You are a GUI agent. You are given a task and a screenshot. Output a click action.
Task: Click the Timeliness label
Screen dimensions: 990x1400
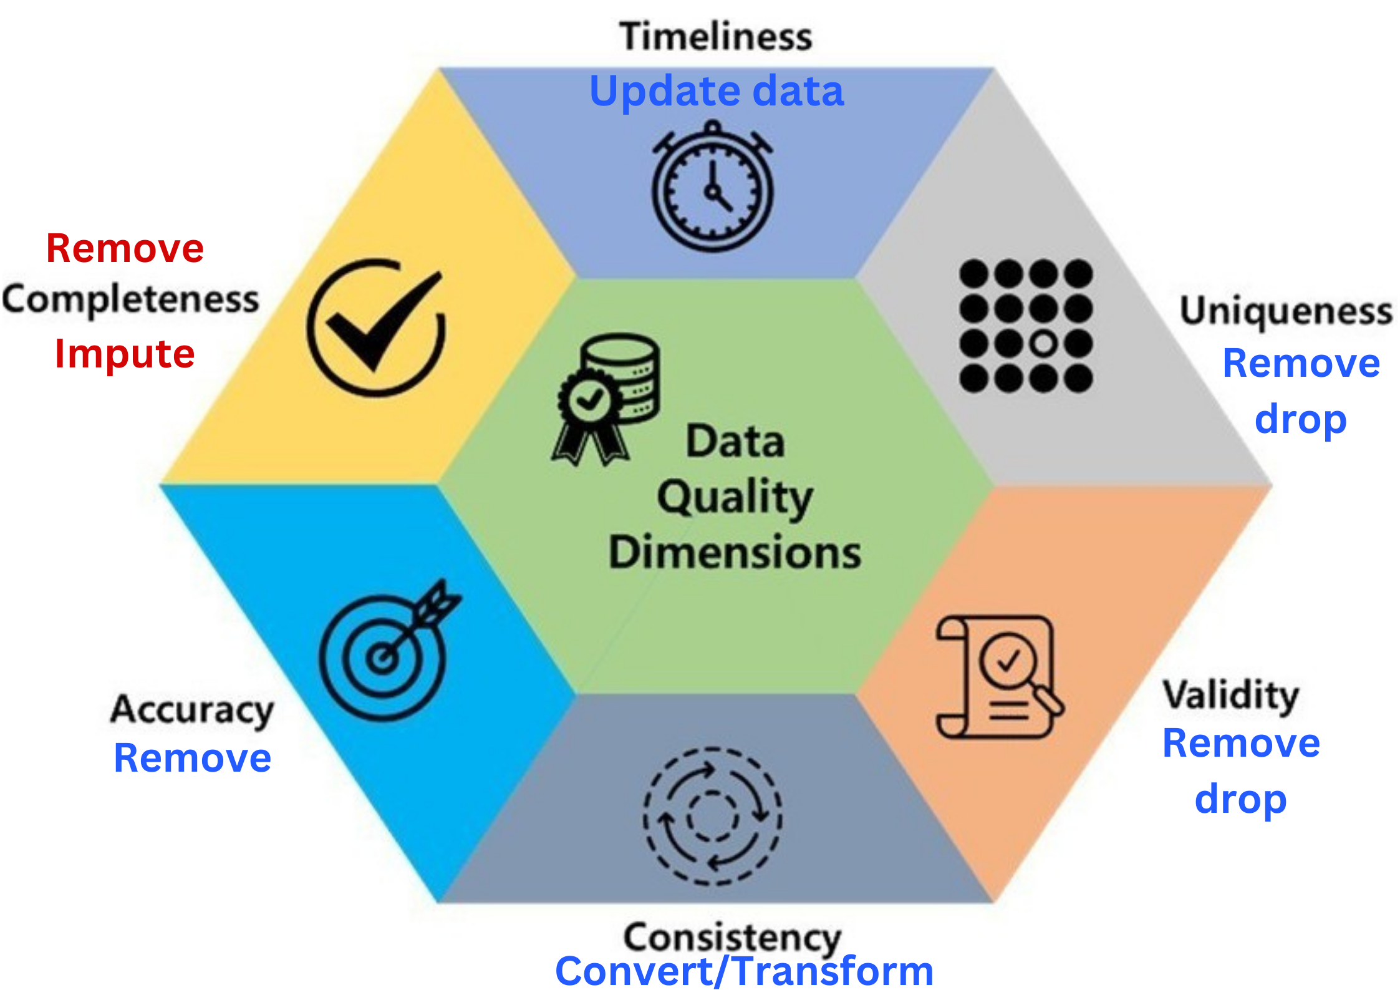click(x=716, y=36)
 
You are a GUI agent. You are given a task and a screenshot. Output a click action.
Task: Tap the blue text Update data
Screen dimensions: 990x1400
click(x=717, y=92)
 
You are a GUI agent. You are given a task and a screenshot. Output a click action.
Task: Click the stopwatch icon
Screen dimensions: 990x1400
click(x=713, y=187)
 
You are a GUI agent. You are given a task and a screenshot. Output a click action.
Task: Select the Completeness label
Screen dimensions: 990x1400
click(x=130, y=300)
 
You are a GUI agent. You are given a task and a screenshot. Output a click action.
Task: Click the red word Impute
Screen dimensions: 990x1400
click(x=125, y=354)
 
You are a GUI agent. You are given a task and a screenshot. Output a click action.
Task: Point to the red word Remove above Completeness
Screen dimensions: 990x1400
click(x=125, y=248)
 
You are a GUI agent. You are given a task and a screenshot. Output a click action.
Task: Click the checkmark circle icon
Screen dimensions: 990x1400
click(x=377, y=327)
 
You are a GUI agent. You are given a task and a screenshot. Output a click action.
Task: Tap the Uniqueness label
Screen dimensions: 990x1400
click(x=1286, y=311)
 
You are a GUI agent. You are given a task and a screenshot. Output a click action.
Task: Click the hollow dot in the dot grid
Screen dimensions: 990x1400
click(x=1043, y=343)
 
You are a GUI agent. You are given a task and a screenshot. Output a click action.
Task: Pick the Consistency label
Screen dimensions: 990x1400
click(x=733, y=938)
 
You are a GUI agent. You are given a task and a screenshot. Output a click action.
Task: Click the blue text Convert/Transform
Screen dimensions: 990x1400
click(x=744, y=971)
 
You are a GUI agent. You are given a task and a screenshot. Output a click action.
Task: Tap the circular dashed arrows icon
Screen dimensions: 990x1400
click(x=712, y=816)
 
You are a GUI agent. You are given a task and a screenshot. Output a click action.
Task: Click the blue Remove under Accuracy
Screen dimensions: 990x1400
click(x=193, y=758)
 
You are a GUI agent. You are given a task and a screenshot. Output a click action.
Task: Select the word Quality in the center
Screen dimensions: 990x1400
click(x=735, y=497)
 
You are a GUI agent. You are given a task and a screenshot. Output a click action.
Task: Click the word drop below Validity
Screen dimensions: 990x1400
click(x=1240, y=799)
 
